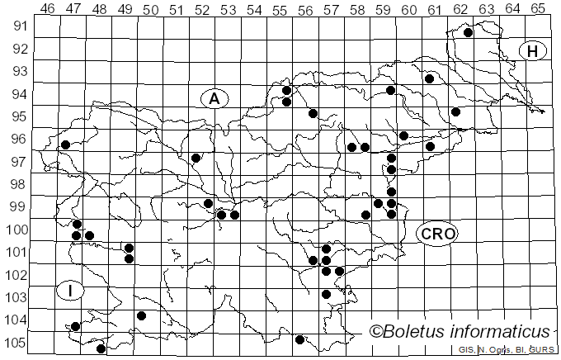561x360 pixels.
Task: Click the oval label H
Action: point(533,51)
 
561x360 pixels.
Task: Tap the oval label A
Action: point(214,99)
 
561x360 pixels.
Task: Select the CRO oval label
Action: point(436,234)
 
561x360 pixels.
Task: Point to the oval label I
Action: point(71,291)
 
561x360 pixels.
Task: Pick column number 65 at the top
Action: point(538,8)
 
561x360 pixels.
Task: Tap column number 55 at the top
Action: point(280,8)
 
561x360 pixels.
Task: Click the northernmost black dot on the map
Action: point(468,33)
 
